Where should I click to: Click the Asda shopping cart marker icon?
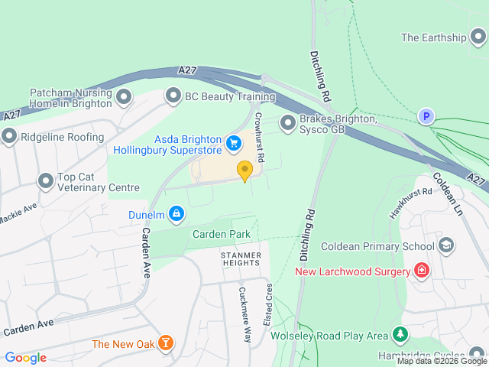coord(234,142)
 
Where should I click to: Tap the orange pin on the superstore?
coord(244,171)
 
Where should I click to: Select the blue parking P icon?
coord(426,117)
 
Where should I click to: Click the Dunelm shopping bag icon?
coord(176,213)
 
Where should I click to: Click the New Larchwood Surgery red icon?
coord(420,270)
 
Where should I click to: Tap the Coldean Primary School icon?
coord(446,245)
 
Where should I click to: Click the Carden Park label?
coord(222,233)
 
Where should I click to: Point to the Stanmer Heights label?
coord(241,258)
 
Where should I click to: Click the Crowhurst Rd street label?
coord(259,137)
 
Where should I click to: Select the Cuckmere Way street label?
coord(245,313)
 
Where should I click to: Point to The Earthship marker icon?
coord(478,37)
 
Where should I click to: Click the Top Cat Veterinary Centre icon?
coord(45,180)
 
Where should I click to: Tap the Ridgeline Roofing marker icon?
coord(9,136)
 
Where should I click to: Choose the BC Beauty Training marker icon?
coord(173,96)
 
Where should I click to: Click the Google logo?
coord(26,357)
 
